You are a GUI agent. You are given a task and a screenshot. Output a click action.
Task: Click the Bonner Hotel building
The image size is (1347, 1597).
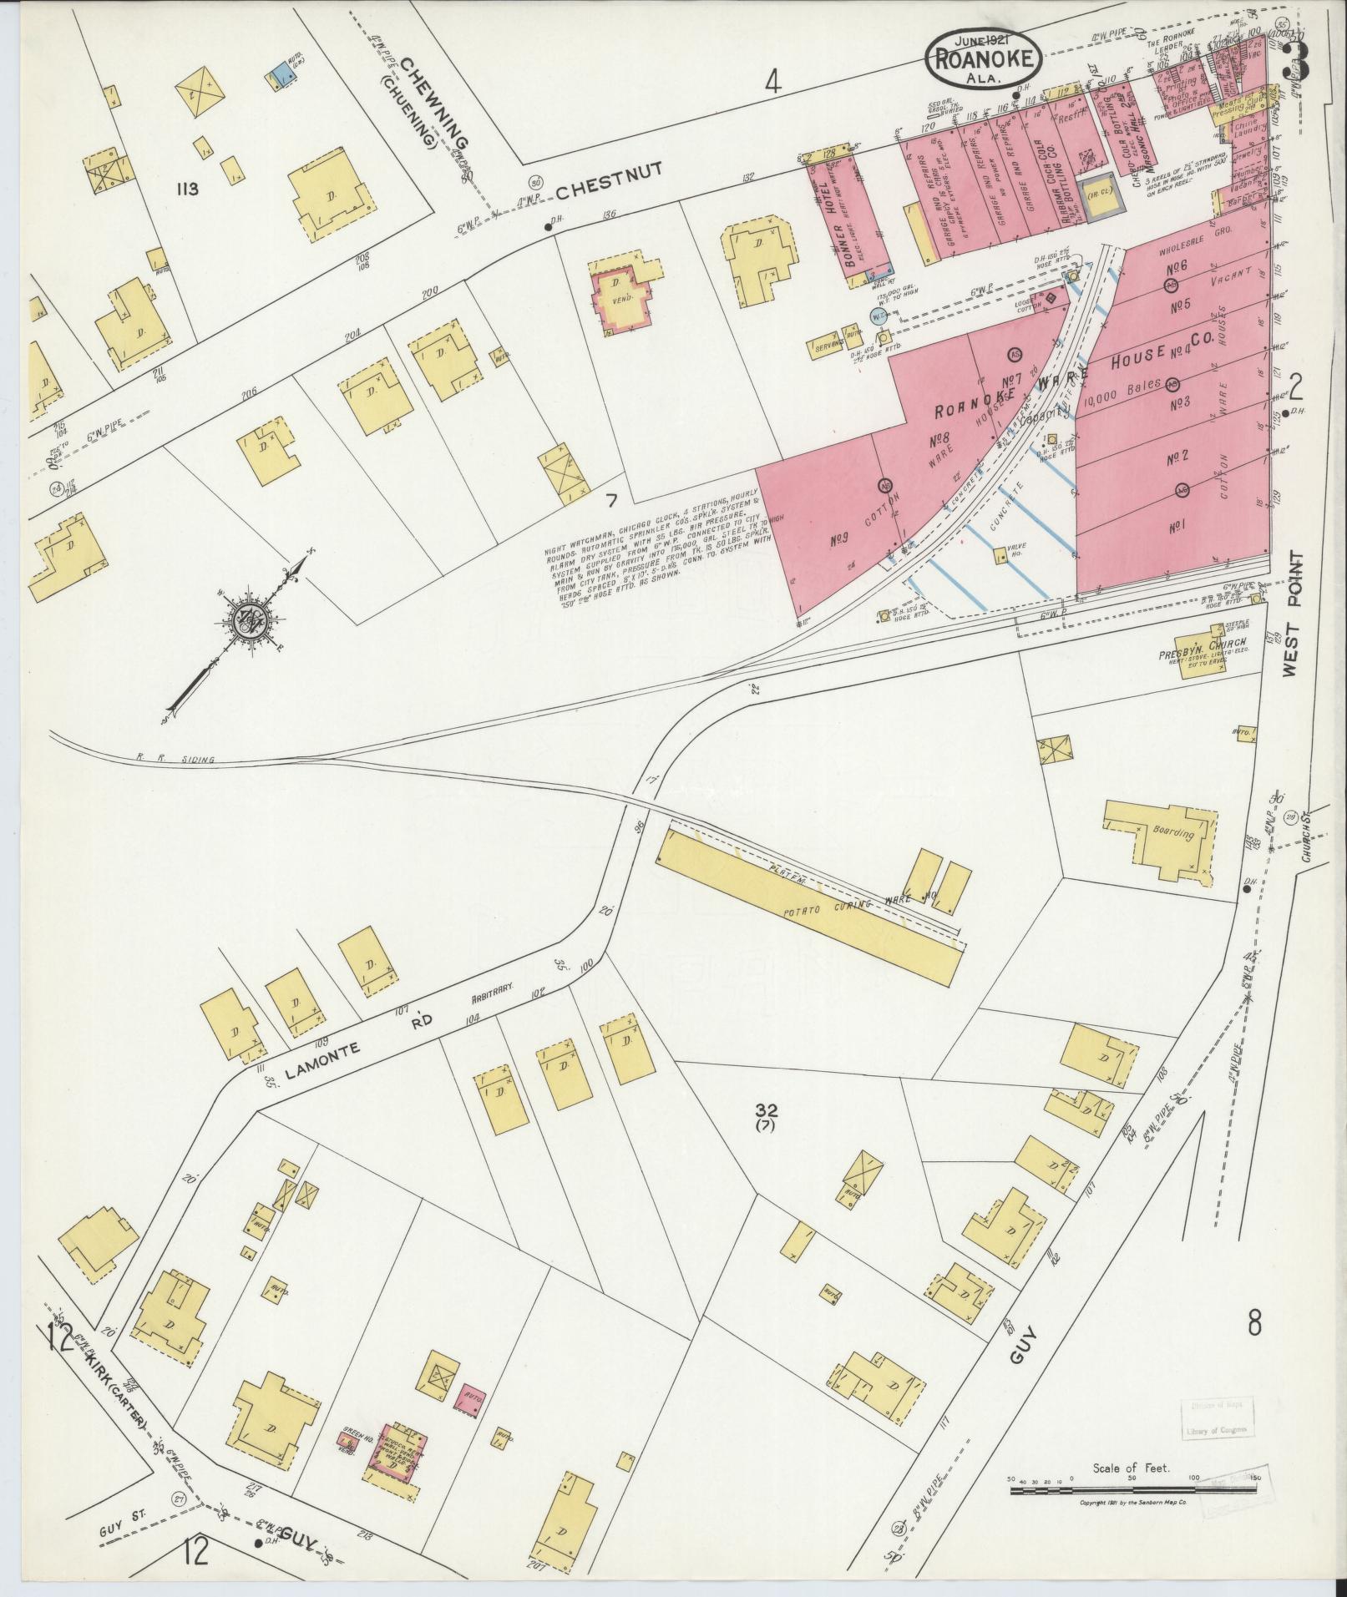853,219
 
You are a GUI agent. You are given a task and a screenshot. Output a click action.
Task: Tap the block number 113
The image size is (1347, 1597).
186,189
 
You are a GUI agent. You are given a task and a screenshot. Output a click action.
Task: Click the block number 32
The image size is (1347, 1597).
766,1110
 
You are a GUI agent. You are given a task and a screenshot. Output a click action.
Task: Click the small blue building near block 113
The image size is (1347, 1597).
281,74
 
